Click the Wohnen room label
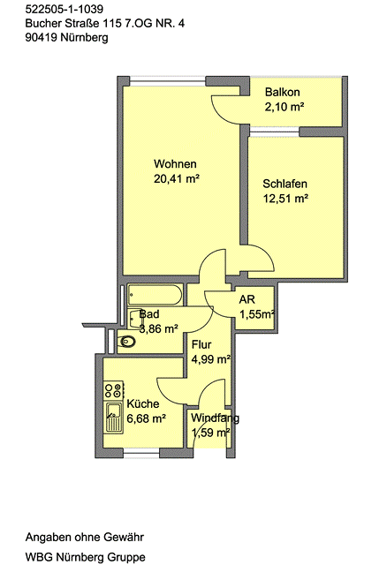pyautogui.click(x=175, y=164)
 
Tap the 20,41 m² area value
pyautogui.click(x=177, y=178)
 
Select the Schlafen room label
pyautogui.click(x=285, y=184)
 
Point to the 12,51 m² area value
pyautogui.click(x=285, y=199)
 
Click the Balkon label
pyautogui.click(x=283, y=92)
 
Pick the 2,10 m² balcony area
pyautogui.click(x=285, y=107)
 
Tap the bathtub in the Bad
pyautogui.click(x=156, y=295)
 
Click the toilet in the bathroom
pyautogui.click(x=127, y=341)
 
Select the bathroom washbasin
pyautogui.click(x=135, y=319)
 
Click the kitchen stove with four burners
pyautogui.click(x=114, y=390)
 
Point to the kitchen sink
pyautogui.click(x=114, y=418)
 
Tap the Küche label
pyautogui.click(x=143, y=404)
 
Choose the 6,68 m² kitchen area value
pyautogui.click(x=147, y=418)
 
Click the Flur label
pyautogui.click(x=201, y=345)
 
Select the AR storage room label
pyautogui.click(x=247, y=299)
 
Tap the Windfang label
pyautogui.click(x=215, y=418)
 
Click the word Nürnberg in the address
pyautogui.click(x=85, y=37)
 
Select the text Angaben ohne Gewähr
pyautogui.click(x=85, y=538)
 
